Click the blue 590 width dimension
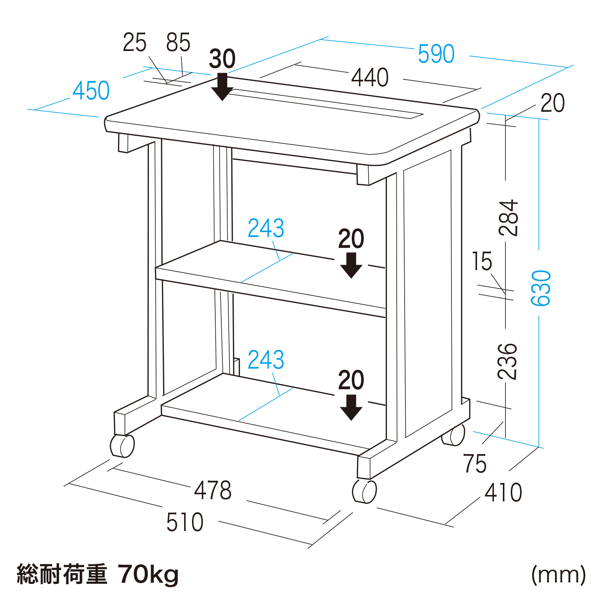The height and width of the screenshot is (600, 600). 436,54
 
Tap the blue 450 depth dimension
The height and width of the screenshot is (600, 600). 91,91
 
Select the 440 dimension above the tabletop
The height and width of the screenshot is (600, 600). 370,78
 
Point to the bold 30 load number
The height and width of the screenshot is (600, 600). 222,59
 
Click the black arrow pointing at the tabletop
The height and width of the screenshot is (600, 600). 222,87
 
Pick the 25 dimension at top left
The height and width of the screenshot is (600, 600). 134,42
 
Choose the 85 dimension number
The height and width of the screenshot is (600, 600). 178,42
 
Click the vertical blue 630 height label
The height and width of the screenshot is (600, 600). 541,288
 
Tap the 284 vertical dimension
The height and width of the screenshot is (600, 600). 508,218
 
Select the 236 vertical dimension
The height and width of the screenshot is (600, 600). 508,361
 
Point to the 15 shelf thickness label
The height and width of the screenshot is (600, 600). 482,261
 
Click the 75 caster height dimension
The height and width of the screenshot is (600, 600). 475,463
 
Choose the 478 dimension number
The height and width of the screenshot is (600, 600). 213,490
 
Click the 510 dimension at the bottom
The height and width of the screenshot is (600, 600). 185,522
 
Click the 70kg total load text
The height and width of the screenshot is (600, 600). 148,574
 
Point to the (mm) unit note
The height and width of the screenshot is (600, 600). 558,574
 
